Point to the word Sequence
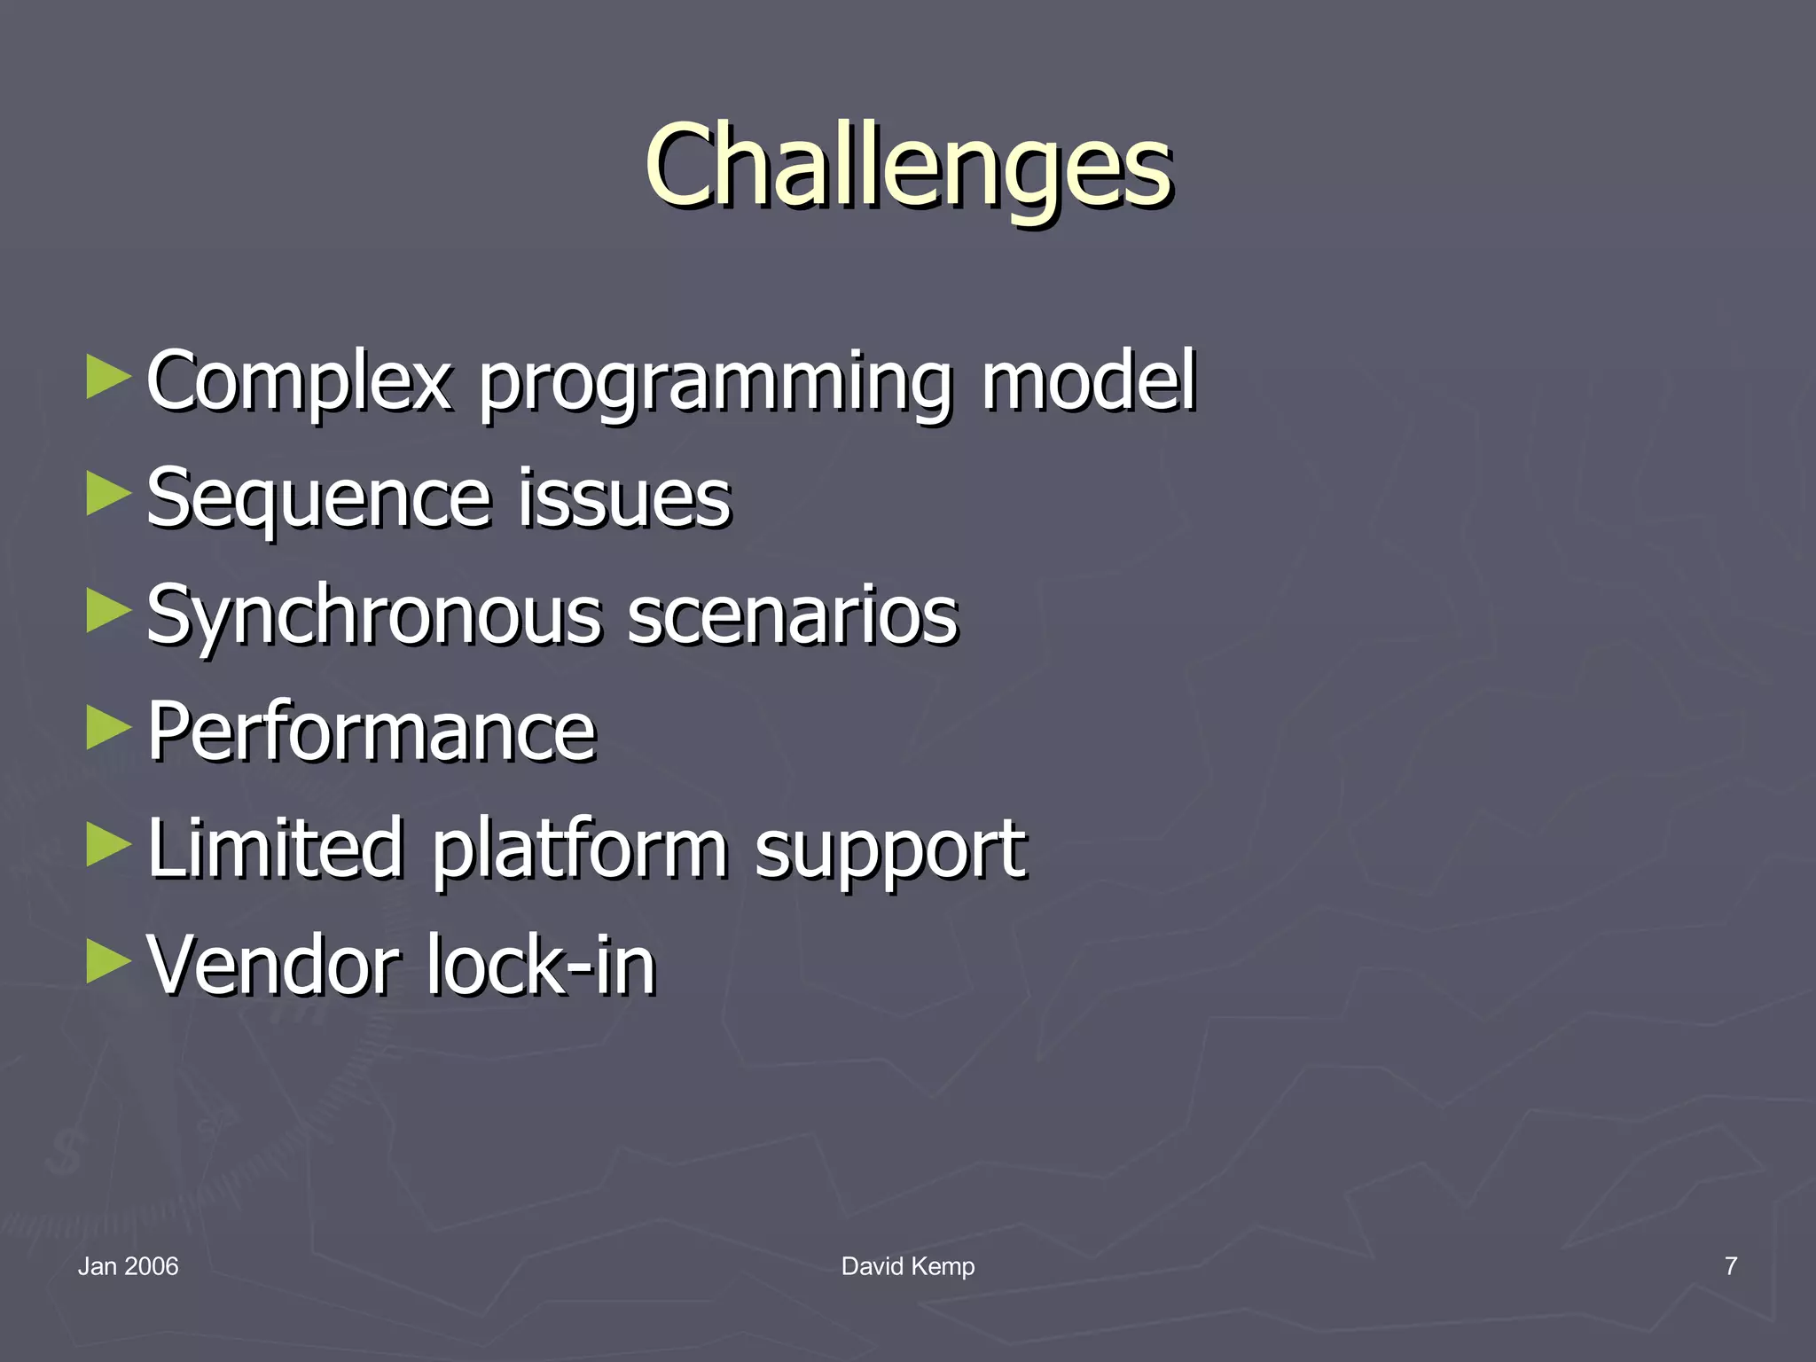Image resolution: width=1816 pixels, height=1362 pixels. [x=318, y=499]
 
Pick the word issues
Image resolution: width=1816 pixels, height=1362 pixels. [x=624, y=499]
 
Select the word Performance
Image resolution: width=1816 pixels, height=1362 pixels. [x=372, y=732]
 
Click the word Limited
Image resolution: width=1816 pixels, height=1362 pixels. [x=275, y=849]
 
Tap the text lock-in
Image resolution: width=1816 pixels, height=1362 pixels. [x=541, y=965]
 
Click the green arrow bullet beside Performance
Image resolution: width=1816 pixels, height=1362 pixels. [x=108, y=728]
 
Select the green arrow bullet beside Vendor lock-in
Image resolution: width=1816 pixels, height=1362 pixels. [x=108, y=961]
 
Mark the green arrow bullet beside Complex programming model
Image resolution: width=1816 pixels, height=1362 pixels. [x=108, y=378]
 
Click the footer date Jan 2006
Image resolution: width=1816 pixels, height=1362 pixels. [x=128, y=1266]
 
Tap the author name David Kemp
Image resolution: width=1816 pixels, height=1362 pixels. [x=908, y=1266]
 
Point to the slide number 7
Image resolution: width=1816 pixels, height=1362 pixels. [x=1730, y=1266]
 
